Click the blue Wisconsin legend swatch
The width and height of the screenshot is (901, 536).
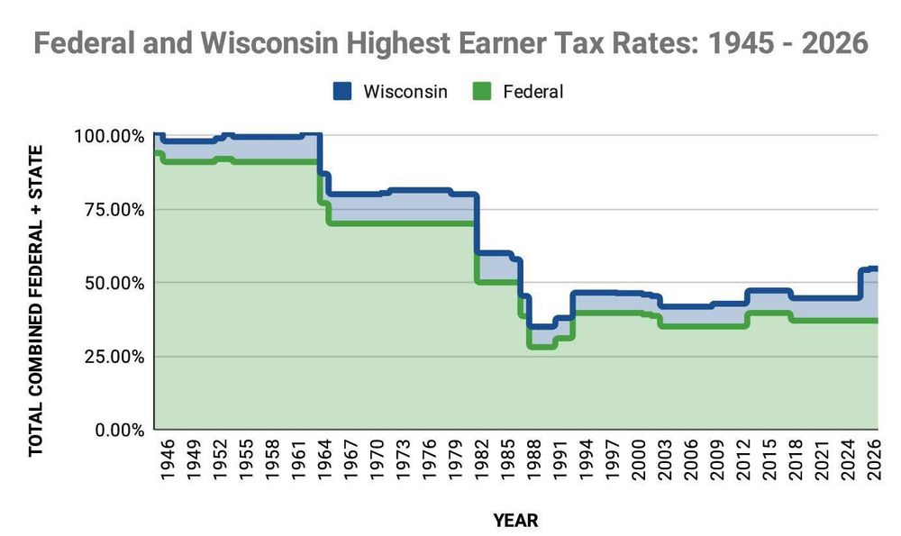click(x=343, y=91)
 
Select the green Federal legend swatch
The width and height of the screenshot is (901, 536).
click(x=482, y=91)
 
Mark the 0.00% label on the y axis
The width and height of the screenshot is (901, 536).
click(x=117, y=430)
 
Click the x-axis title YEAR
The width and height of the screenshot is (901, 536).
click(x=515, y=520)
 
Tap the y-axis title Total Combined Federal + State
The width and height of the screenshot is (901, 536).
click(x=36, y=300)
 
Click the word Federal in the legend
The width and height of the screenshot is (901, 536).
click(x=533, y=91)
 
